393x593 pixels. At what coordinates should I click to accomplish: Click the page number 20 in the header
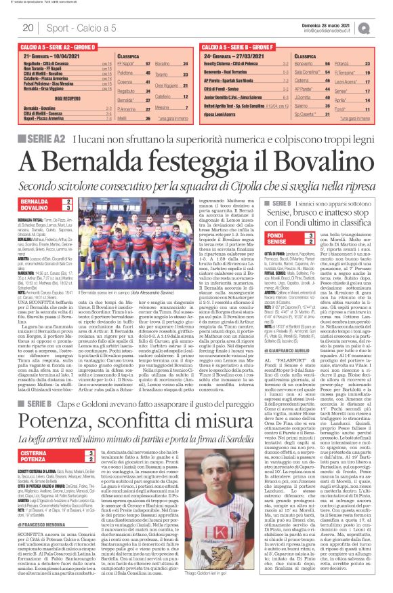pos(28,28)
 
